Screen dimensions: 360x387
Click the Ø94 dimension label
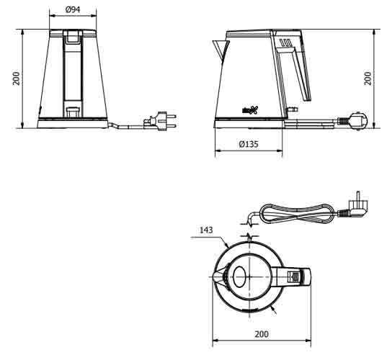(x=72, y=9)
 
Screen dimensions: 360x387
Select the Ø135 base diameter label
(x=249, y=145)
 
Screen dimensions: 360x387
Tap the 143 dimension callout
(x=205, y=231)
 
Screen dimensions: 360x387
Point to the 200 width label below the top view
(x=262, y=333)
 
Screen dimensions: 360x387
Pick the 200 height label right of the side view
(x=368, y=78)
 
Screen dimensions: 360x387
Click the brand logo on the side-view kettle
(x=247, y=109)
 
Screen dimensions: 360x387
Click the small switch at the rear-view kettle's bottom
(x=73, y=111)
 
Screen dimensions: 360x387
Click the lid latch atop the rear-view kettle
(x=73, y=36)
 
